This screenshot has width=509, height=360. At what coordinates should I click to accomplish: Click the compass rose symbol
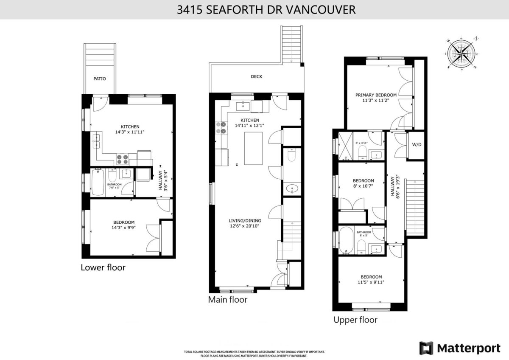click(461, 53)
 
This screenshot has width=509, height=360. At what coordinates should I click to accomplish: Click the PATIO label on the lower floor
click(100, 79)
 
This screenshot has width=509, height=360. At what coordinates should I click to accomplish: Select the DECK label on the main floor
click(256, 76)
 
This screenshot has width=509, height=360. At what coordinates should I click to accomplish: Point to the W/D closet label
click(417, 145)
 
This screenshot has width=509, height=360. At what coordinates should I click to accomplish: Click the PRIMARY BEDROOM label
click(376, 95)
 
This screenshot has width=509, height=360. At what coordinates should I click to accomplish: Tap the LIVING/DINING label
click(245, 220)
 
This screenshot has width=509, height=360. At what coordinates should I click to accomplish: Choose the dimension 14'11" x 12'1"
click(249, 126)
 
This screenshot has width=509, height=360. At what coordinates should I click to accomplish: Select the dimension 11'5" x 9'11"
click(371, 282)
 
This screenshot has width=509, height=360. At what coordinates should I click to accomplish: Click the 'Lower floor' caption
click(103, 267)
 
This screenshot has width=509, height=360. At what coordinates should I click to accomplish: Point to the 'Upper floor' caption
click(355, 320)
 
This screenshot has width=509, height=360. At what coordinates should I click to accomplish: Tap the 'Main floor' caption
click(227, 299)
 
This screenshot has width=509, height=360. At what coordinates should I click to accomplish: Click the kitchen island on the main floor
click(253, 148)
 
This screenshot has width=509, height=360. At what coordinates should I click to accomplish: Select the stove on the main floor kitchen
click(221, 128)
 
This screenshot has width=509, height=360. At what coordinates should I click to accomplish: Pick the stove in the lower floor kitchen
click(123, 159)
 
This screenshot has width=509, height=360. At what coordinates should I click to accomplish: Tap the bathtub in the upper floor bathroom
click(346, 241)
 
